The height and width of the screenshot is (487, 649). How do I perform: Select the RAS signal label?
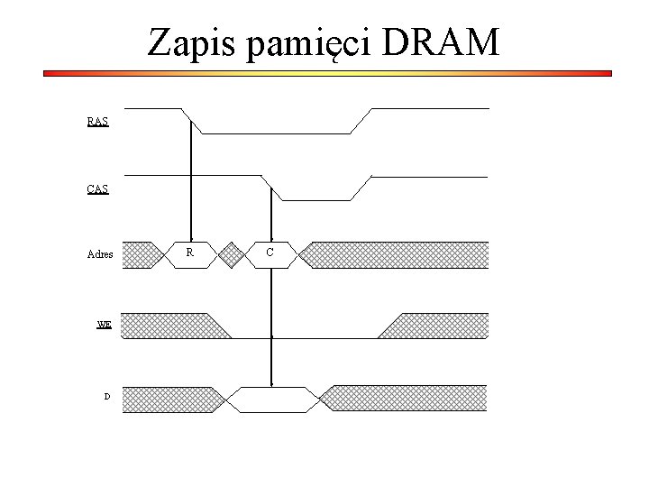(98, 122)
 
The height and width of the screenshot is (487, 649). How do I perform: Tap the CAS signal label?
(98, 189)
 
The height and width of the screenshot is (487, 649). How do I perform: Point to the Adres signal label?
(100, 254)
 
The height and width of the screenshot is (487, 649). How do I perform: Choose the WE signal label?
(105, 324)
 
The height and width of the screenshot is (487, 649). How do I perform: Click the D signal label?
(107, 396)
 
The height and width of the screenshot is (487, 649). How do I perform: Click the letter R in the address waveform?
(189, 253)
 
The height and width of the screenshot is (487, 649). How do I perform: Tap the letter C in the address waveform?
(270, 253)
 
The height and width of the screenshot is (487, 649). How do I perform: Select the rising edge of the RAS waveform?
(361, 121)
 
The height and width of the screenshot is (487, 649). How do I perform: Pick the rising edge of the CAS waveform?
(361, 188)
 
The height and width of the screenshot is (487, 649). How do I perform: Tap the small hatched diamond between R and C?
(232, 254)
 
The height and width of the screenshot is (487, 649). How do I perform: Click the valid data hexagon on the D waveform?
(272, 399)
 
